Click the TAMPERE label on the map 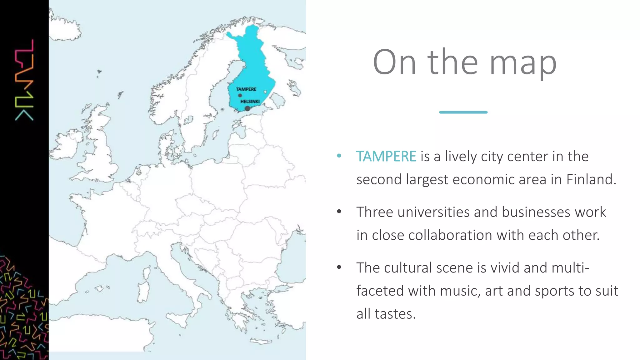tap(246, 89)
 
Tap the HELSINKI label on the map tap(250, 102)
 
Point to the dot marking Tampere tap(240, 95)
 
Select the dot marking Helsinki tap(247, 108)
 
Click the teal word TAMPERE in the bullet tap(386, 156)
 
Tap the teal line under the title tap(463, 112)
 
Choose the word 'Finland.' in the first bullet tap(591, 179)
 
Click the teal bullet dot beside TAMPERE tap(339, 156)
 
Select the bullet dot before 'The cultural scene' tap(339, 267)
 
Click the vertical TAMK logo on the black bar tap(24, 80)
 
